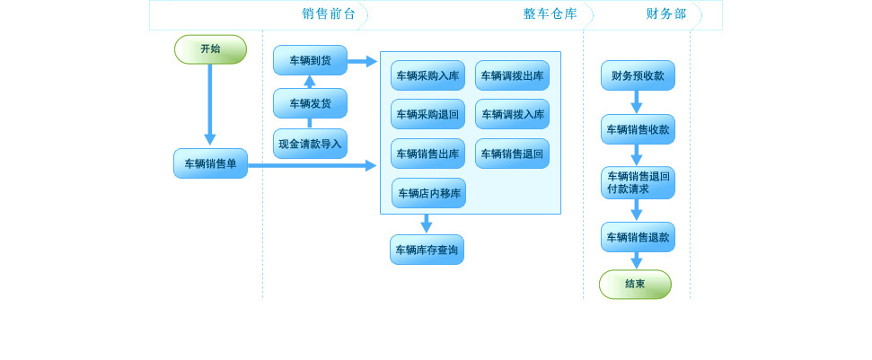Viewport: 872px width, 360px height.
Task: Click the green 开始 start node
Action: point(210,49)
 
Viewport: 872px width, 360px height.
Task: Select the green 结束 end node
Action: point(635,284)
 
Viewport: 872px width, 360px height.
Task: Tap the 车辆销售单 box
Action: point(210,163)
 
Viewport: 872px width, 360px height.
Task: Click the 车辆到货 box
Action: point(310,60)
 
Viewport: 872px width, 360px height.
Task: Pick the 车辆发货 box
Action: point(310,103)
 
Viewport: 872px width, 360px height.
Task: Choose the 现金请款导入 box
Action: point(310,144)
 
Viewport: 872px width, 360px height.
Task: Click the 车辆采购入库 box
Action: point(427,75)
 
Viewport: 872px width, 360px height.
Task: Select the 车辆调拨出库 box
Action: point(512,75)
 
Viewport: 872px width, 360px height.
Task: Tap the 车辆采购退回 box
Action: point(427,114)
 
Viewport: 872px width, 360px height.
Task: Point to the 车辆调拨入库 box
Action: point(512,114)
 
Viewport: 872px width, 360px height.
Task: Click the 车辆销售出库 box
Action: point(427,154)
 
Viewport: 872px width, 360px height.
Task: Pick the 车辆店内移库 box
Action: point(428,193)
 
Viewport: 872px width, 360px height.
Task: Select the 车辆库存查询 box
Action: point(427,250)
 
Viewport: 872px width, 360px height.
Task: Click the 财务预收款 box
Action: point(638,75)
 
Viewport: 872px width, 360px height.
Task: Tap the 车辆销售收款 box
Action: point(638,129)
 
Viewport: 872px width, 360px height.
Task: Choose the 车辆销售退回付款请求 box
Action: point(638,182)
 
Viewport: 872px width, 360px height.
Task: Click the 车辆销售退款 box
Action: point(638,237)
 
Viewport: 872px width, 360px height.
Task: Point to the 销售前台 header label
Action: point(329,13)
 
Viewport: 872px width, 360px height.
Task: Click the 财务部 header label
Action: point(666,13)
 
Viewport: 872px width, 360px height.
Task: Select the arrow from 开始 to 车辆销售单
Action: point(210,103)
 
